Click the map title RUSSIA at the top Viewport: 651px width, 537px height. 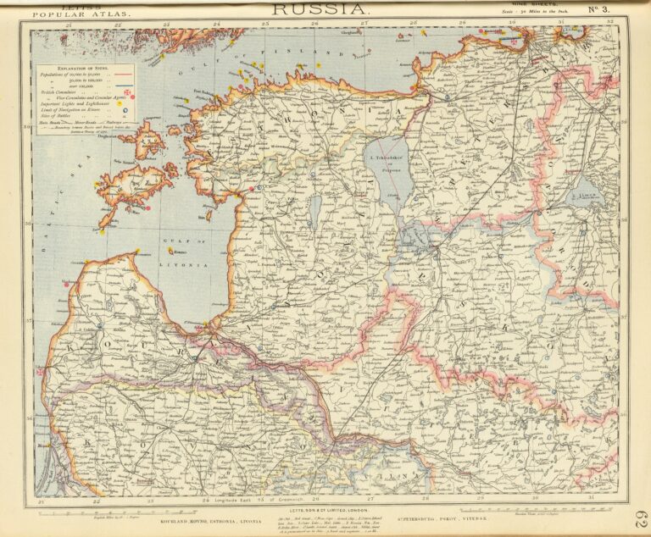pos(319,8)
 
